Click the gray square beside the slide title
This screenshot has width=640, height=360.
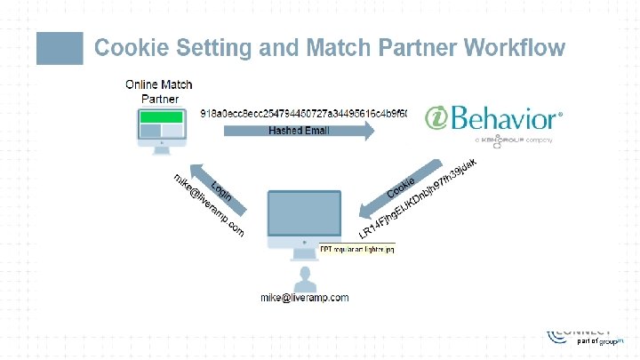click(x=59, y=48)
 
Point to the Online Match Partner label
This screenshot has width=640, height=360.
click(x=158, y=92)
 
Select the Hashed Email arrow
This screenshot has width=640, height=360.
click(x=298, y=132)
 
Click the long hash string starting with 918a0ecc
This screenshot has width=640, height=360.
click(x=303, y=114)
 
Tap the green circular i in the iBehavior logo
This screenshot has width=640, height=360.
click(x=436, y=119)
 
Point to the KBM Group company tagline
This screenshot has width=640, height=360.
click(x=514, y=140)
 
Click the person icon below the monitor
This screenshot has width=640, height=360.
click(x=308, y=276)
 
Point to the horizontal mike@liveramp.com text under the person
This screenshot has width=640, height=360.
click(x=304, y=298)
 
